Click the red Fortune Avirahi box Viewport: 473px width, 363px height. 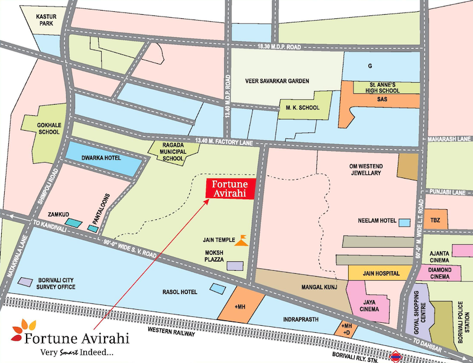[230, 187]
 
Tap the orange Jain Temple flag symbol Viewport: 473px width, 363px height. [241, 239]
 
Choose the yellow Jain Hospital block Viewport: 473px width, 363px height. [380, 273]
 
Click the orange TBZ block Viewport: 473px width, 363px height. [436, 219]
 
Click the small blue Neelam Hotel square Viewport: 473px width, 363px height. [404, 222]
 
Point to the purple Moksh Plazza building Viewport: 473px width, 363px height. [235, 267]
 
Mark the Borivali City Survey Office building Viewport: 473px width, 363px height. [26, 281]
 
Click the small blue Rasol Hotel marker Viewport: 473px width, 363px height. [215, 288]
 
